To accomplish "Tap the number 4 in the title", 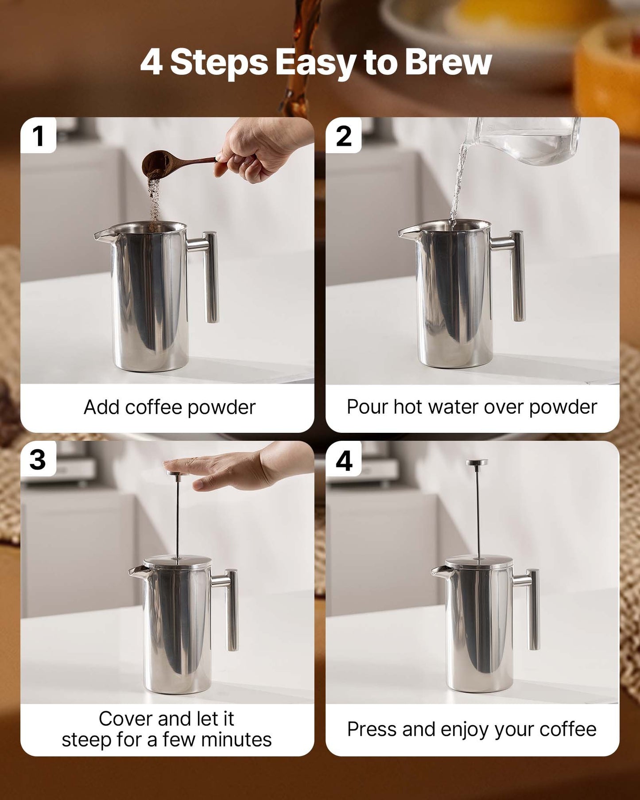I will click(x=151, y=62).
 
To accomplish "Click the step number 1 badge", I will click(x=38, y=136).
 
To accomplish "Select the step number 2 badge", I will click(x=344, y=136).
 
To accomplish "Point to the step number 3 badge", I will click(x=38, y=459).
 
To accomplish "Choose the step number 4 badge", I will click(x=344, y=460).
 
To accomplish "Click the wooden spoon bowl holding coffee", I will click(x=154, y=163).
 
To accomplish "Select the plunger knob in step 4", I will click(x=477, y=462).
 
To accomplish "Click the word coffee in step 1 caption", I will click(x=154, y=407).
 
